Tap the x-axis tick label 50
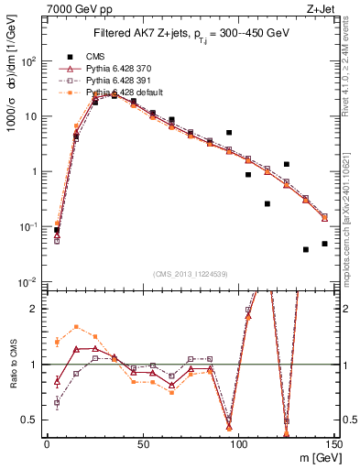tap(142, 443)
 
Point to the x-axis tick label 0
tap(47, 443)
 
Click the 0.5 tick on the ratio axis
tap(31, 420)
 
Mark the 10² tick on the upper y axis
tap(29, 61)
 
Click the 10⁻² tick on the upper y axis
tap(29, 281)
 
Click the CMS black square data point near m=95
tap(229, 133)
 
